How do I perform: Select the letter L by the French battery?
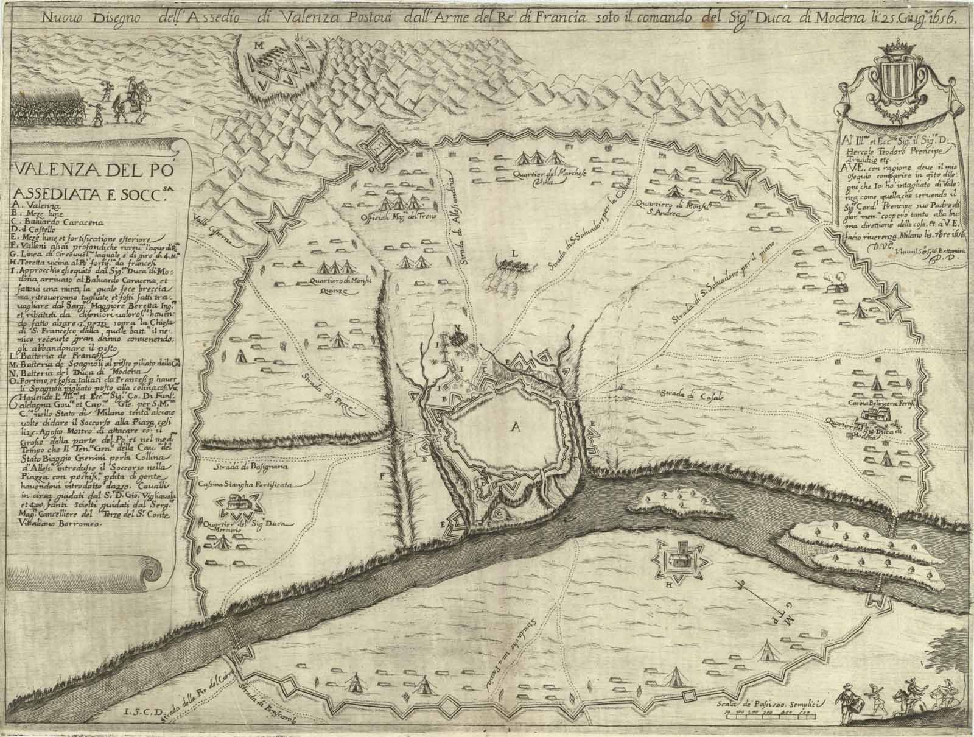[515, 252]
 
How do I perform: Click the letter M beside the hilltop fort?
[259, 45]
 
